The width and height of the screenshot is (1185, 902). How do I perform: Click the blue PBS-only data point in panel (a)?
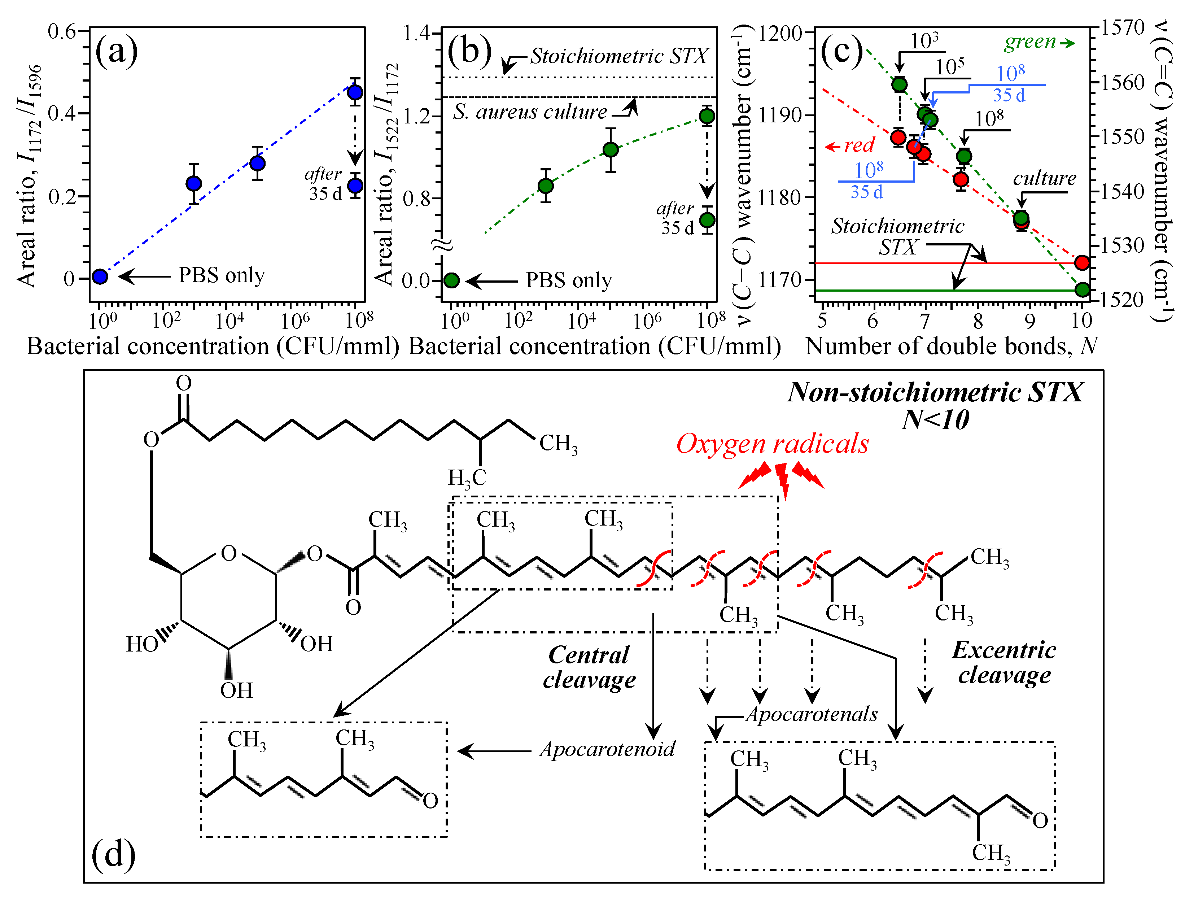click(x=100, y=276)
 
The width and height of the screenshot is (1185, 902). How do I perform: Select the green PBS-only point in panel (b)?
click(x=452, y=280)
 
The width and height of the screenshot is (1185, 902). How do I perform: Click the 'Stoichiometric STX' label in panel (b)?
click(x=619, y=56)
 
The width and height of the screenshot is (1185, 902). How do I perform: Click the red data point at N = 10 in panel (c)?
click(x=1082, y=262)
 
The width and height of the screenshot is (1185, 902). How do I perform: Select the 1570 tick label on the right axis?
click(x=1123, y=27)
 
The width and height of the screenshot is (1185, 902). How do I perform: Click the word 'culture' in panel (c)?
click(x=1044, y=178)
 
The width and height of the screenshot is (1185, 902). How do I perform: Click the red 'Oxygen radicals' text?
click(x=772, y=444)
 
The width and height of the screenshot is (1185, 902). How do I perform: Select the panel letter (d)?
click(x=113, y=854)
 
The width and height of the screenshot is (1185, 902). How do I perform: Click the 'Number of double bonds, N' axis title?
click(x=952, y=346)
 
